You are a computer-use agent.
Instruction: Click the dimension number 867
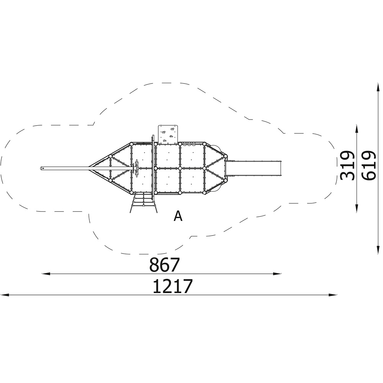click(164, 265)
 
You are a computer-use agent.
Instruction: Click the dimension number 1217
click(173, 286)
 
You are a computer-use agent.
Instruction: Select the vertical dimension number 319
click(347, 166)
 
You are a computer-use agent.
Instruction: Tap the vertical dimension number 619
click(368, 166)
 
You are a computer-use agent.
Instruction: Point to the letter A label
click(178, 216)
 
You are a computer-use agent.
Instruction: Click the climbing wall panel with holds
click(168, 134)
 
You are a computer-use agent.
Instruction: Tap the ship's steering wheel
click(137, 168)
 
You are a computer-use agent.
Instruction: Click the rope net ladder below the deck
click(144, 203)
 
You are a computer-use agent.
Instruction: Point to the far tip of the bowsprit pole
click(41, 168)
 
